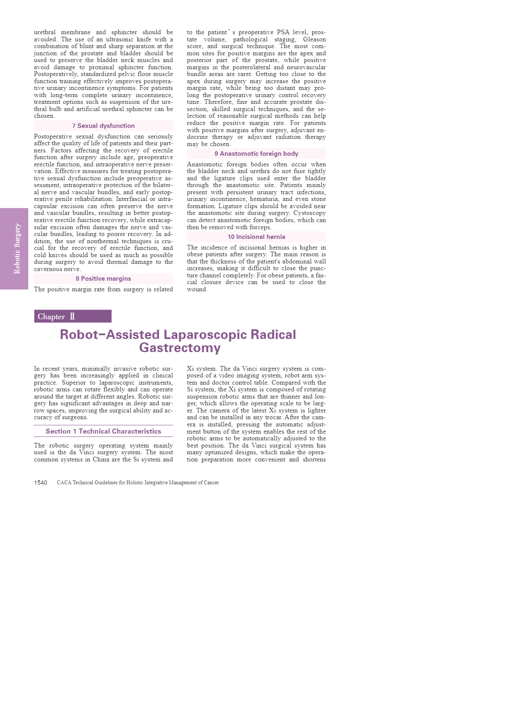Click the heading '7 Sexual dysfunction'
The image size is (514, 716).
(103, 126)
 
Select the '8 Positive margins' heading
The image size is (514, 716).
(103, 279)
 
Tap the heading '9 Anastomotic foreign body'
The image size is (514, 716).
(256, 154)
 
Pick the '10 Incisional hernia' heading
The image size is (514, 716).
(256, 237)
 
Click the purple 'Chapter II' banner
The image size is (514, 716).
(73, 316)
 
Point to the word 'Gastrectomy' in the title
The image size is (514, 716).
(180, 348)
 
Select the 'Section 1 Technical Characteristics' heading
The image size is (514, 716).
(103, 431)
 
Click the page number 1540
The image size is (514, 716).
(41, 483)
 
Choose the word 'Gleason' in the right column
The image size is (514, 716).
(314, 39)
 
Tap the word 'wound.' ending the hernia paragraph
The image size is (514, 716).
(197, 290)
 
